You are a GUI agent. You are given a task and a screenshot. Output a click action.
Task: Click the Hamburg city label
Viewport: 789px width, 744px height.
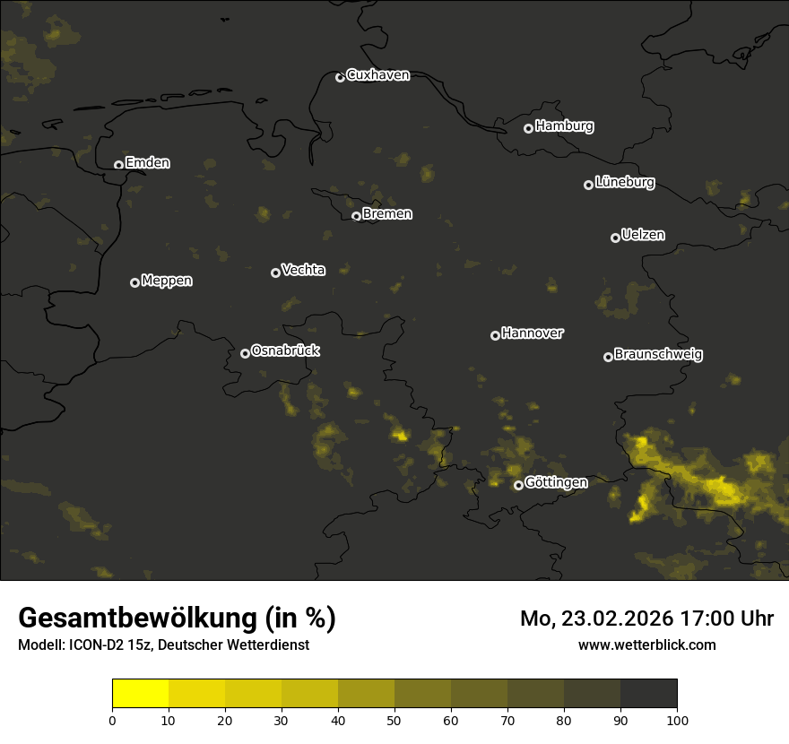point(564,126)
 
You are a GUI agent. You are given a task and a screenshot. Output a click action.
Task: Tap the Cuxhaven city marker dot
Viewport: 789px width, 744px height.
point(340,77)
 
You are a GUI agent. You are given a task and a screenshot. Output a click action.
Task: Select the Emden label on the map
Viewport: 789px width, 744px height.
point(147,163)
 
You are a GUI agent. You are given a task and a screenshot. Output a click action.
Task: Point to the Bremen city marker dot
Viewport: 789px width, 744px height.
point(356,216)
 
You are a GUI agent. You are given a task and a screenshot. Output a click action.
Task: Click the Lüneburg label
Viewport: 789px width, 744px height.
point(624,183)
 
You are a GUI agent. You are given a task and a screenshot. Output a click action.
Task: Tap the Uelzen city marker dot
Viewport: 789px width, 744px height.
point(615,238)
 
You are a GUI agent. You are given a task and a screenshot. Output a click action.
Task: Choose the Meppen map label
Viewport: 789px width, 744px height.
point(167,281)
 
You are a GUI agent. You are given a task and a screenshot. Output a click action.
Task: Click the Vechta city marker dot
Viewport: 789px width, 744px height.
point(275,273)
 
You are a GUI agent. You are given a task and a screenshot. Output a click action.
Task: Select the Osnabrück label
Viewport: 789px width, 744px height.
point(285,351)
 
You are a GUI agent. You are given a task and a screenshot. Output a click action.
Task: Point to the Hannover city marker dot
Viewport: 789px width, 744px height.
point(495,335)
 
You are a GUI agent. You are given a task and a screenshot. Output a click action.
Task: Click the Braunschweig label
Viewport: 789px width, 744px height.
point(658,355)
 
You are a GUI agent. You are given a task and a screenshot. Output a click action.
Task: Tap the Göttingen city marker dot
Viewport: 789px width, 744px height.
point(518,486)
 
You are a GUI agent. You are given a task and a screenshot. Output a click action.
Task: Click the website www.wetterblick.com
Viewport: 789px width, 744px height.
point(647,645)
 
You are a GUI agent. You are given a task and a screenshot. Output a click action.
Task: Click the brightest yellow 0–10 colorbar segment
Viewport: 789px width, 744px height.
point(140,694)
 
